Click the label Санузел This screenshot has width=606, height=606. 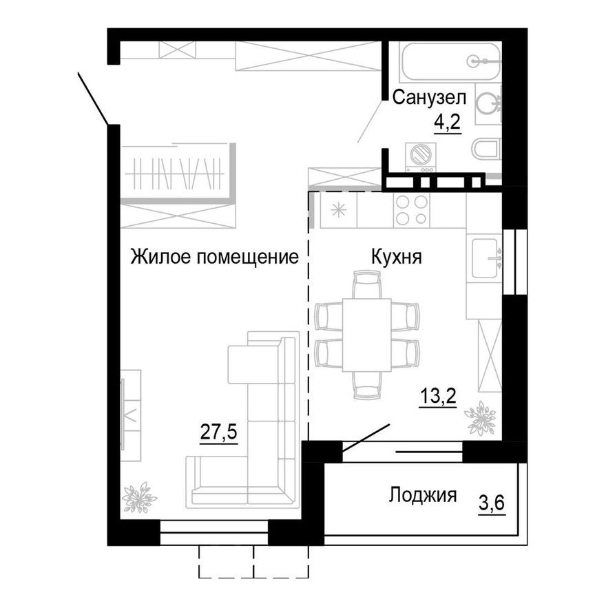(x=429, y=98)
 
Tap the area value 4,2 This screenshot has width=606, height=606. (x=446, y=123)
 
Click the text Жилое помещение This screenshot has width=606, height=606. (x=215, y=258)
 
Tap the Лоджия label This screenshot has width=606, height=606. (x=422, y=494)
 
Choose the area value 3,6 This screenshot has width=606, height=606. (x=492, y=504)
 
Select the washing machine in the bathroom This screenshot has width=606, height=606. (x=419, y=156)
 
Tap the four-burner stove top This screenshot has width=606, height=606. (x=412, y=210)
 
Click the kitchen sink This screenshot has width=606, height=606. (x=485, y=258)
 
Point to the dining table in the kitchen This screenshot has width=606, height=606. (x=366, y=335)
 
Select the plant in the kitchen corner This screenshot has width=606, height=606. (x=480, y=419)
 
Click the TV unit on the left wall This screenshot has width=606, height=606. (x=130, y=415)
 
